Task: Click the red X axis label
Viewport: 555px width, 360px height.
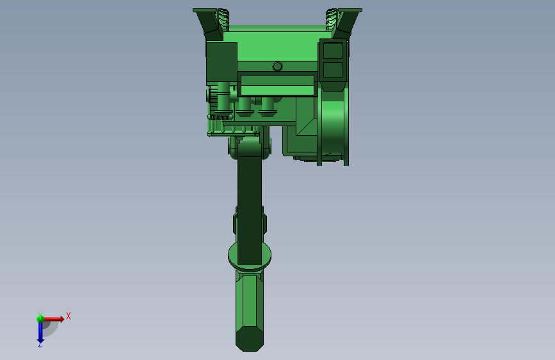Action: pos(68,316)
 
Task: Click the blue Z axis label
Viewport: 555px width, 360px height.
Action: pos(40,345)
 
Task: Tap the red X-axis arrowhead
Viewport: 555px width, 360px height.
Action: pos(61,319)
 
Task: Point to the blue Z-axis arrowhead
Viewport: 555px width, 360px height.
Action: pos(40,341)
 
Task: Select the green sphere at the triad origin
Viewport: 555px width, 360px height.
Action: pos(40,319)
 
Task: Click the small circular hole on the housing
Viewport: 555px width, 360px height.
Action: pos(278,66)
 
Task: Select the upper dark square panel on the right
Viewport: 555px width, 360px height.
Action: pos(333,51)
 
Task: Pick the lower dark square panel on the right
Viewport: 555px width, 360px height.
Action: pos(333,69)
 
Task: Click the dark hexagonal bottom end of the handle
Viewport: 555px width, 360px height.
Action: pos(250,339)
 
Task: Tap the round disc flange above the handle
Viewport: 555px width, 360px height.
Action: pos(250,256)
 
